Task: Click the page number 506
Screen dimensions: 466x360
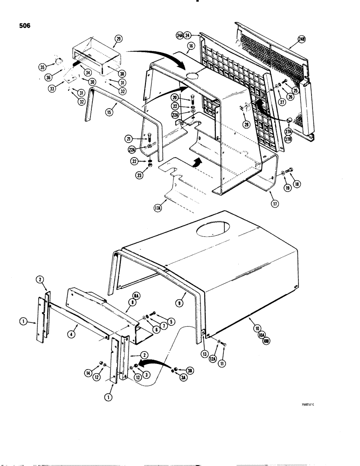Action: click(x=22, y=26)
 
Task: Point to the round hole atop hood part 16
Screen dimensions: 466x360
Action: click(x=191, y=75)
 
